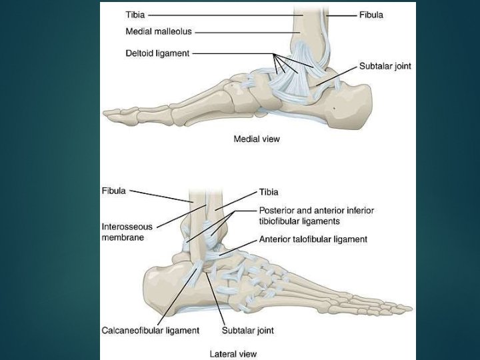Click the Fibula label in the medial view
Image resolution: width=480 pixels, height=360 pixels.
coord(371,14)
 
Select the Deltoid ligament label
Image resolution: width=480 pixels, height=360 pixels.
coord(157,53)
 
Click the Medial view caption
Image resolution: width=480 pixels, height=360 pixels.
coord(257,139)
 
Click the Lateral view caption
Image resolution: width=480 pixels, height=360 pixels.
coord(233,354)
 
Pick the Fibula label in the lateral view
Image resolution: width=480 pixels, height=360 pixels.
coord(113,191)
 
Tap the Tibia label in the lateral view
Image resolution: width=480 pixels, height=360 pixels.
coord(269,192)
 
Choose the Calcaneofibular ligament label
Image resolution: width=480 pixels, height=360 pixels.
coord(151,331)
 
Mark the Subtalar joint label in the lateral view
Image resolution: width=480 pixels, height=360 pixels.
coord(247,331)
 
